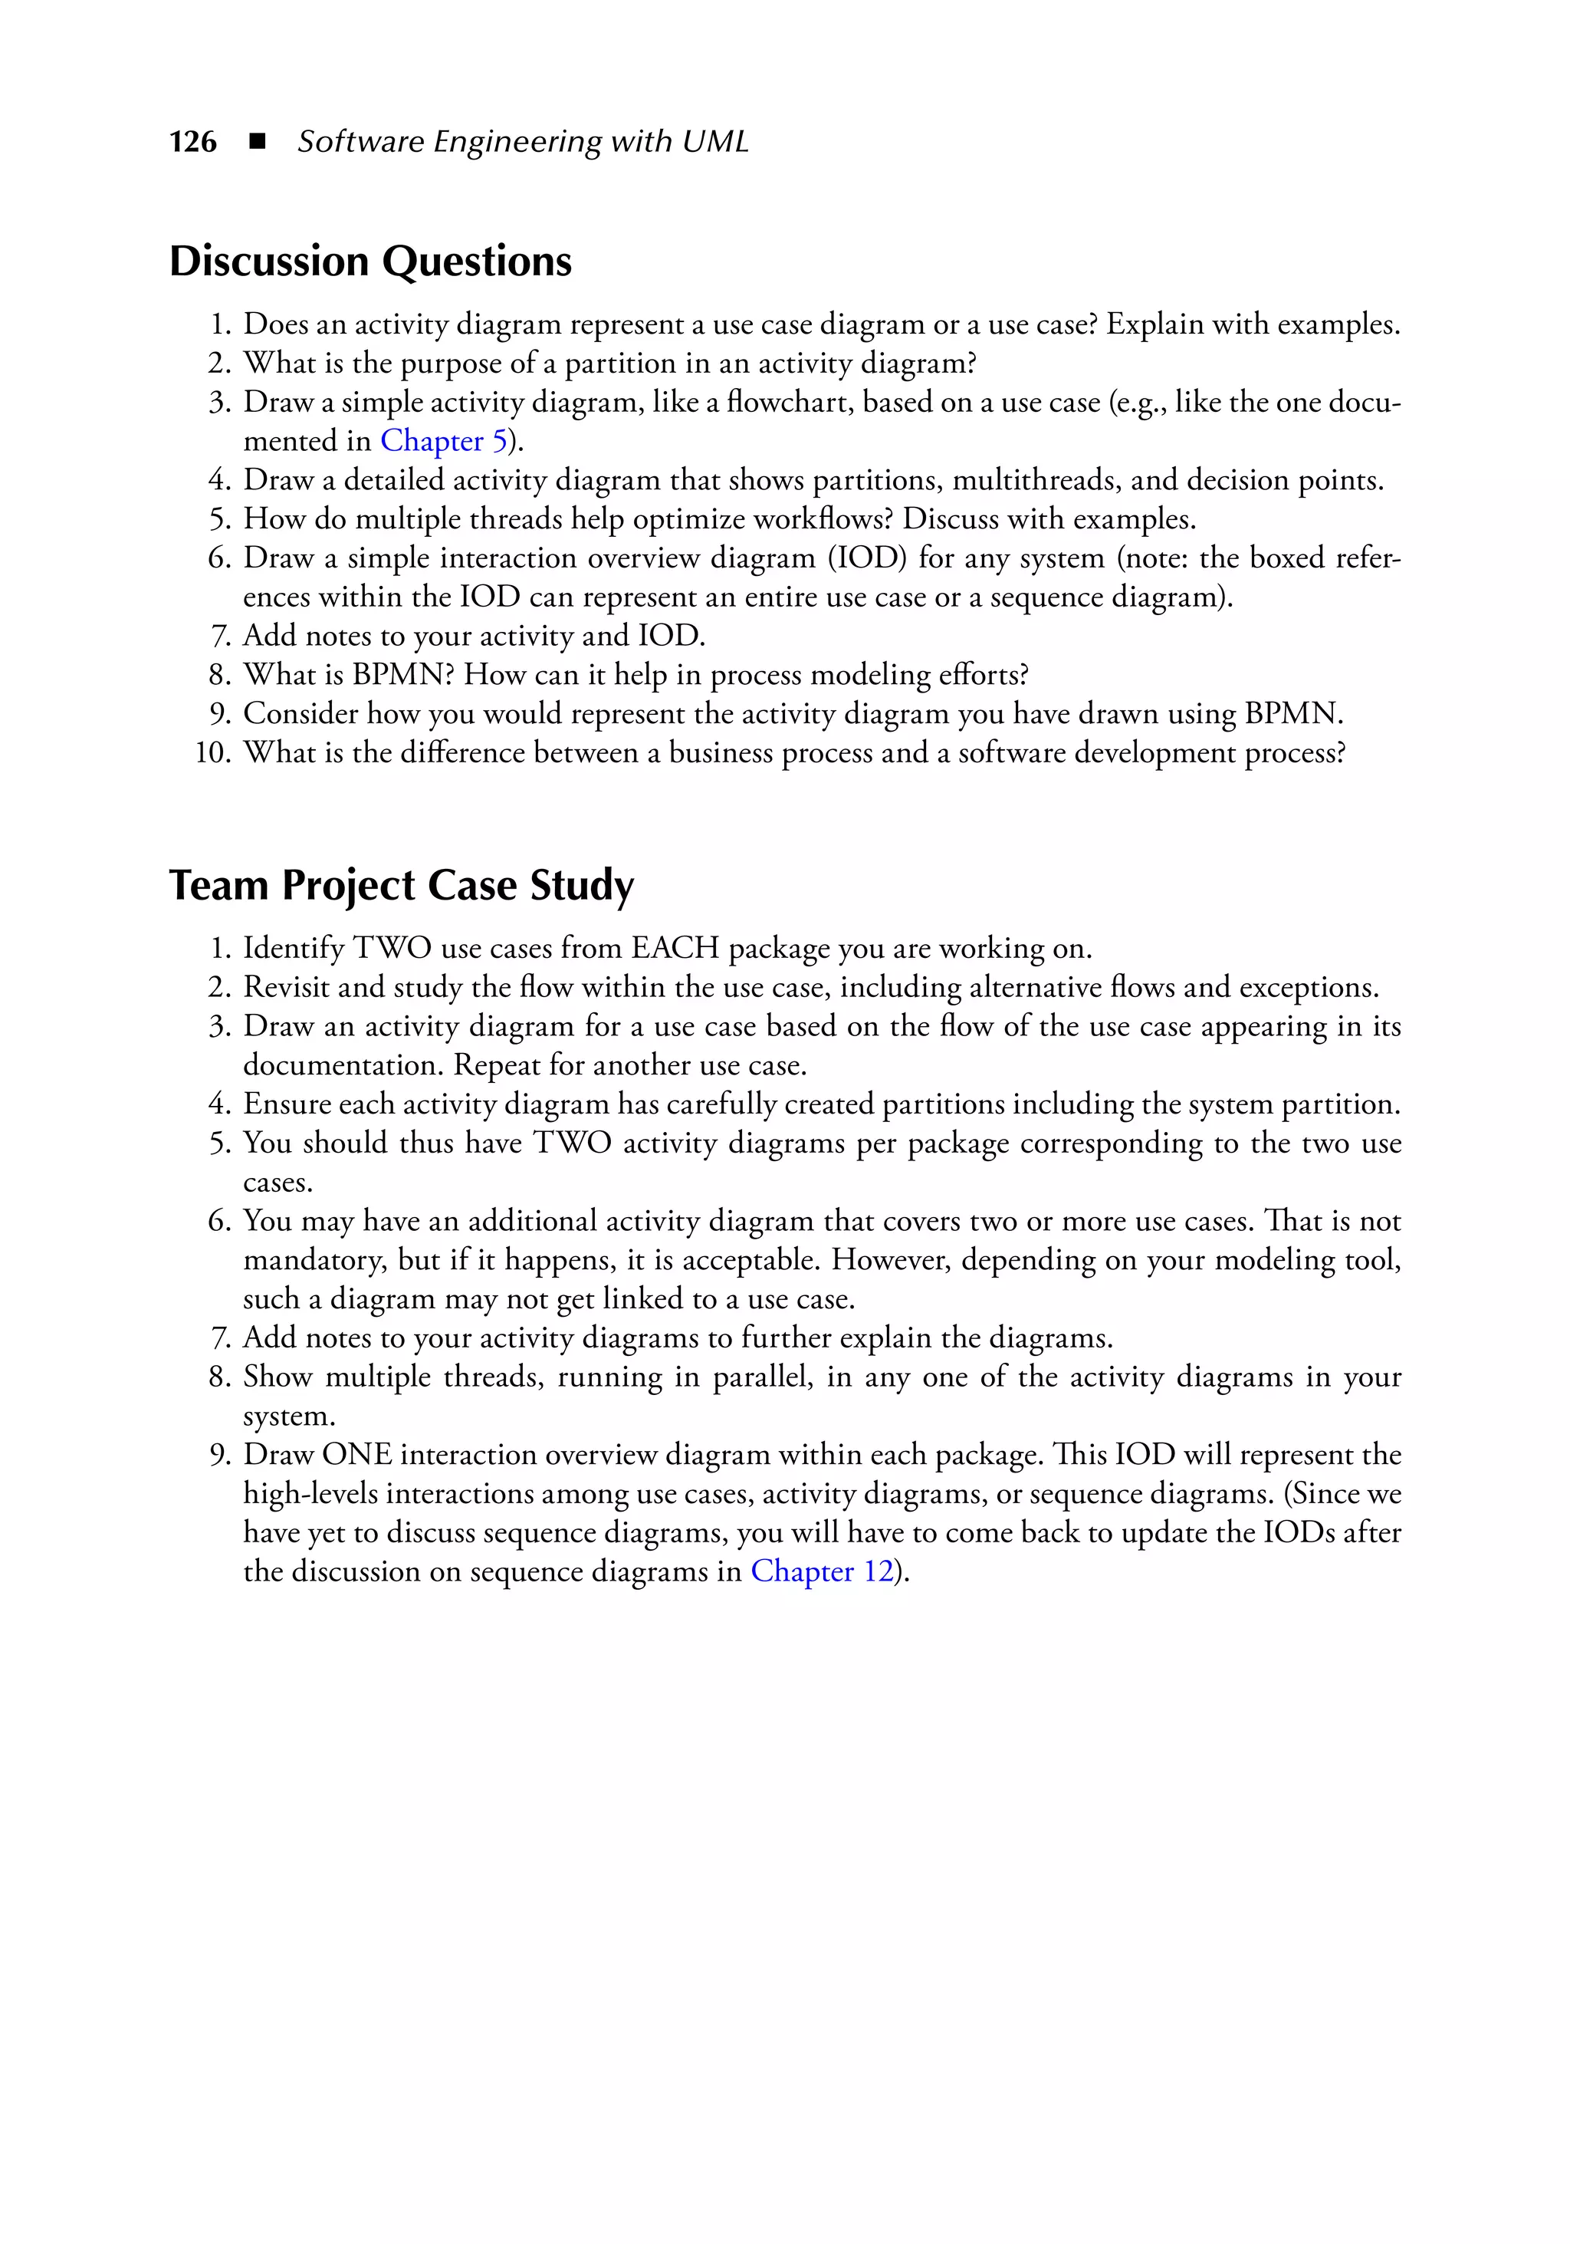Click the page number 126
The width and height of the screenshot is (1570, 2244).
tap(192, 142)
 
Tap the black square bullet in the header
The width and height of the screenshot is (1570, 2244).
tap(257, 142)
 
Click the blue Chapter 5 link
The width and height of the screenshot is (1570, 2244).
tap(444, 441)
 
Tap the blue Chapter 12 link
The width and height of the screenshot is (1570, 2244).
tap(822, 1571)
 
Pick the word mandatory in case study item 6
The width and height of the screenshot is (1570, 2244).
tap(314, 1260)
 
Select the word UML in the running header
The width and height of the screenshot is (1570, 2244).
tap(715, 142)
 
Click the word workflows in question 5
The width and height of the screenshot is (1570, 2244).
tap(810, 519)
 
